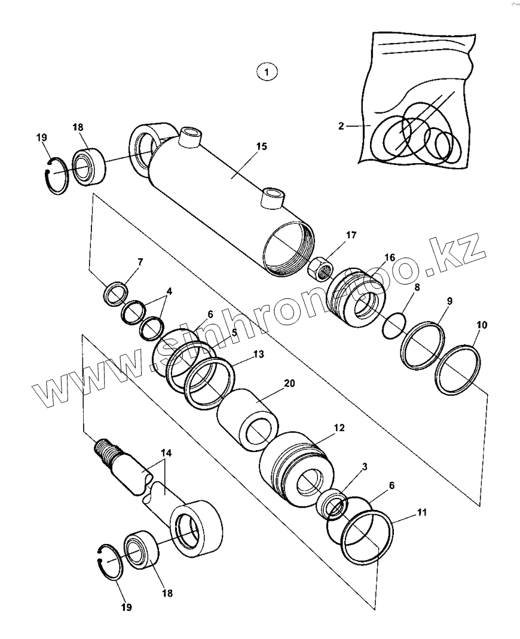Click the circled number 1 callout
point(267,72)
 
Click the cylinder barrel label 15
point(261,146)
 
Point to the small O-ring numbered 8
point(393,325)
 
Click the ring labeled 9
point(422,346)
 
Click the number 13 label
point(258,354)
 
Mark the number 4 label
point(169,292)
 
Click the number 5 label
point(234,332)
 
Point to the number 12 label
point(339,427)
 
